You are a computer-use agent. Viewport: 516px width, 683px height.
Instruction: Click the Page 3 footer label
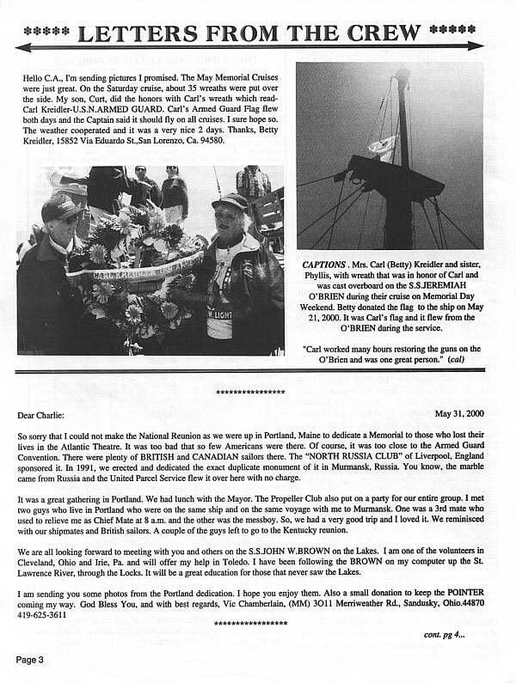coord(29,659)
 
